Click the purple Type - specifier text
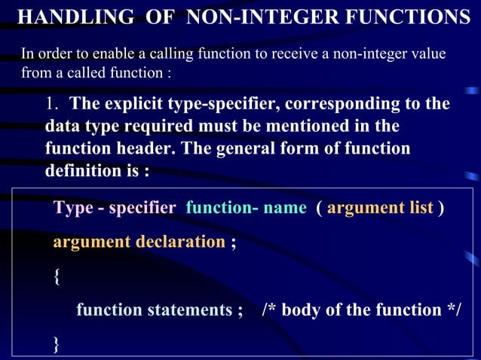114,207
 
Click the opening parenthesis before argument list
320,207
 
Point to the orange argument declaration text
139,242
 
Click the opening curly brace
57,276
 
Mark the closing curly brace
57,343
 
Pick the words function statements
154,310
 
